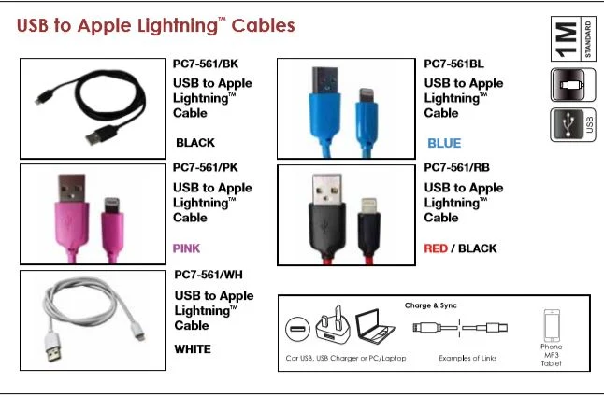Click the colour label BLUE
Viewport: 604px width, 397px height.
point(444,143)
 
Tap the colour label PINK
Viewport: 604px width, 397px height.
point(187,248)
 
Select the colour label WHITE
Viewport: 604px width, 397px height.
point(193,349)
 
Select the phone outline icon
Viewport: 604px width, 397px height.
point(552,326)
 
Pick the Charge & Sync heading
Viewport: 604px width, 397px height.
point(430,305)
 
